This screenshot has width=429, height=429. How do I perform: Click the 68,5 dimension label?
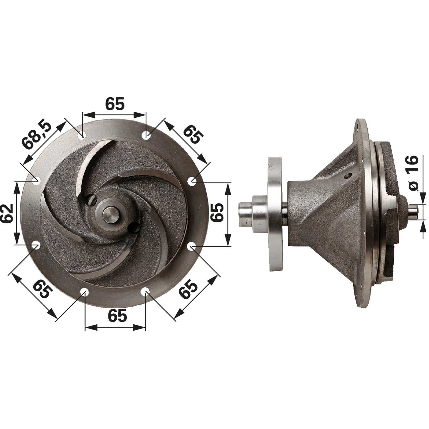coord(37,135)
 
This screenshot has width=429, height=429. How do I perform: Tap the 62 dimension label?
coord(7,213)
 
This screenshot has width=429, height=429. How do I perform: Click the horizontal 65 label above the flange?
coord(115,104)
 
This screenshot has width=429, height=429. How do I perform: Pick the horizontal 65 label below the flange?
coord(117,316)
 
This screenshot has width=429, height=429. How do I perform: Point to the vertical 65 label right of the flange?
coord(217,212)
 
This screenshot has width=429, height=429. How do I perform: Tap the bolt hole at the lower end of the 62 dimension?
coord(36,245)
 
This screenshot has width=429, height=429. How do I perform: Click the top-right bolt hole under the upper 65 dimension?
coord(146,135)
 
